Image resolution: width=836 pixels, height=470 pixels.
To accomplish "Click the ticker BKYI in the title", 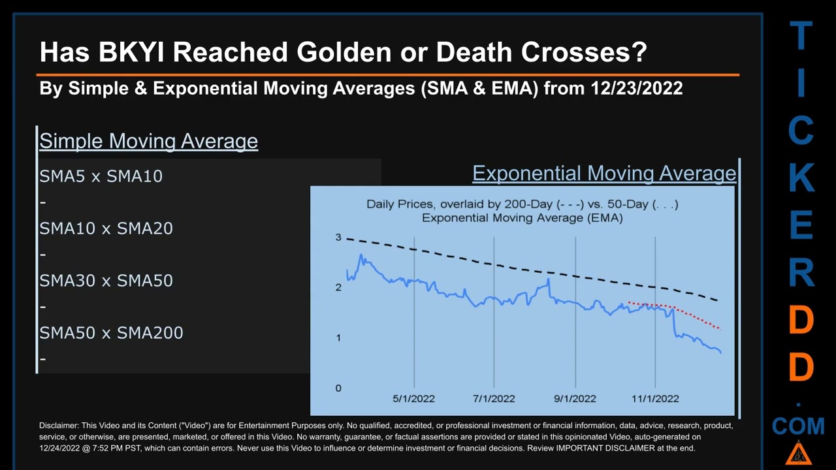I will click(x=131, y=52).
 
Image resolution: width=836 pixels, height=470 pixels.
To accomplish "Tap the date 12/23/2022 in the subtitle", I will click(x=636, y=88).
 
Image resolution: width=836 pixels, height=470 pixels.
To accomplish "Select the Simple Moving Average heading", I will click(x=148, y=141).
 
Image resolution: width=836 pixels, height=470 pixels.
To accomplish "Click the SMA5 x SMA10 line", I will click(x=101, y=176).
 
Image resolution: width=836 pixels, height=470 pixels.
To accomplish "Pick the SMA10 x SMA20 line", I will click(x=106, y=228).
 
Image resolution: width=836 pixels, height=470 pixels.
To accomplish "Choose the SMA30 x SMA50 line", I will click(x=106, y=281).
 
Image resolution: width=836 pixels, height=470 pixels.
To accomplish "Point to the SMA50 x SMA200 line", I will click(x=111, y=333).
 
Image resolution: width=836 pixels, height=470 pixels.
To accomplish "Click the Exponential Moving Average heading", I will click(x=604, y=173).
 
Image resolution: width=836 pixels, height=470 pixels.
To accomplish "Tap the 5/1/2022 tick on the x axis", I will click(x=413, y=398).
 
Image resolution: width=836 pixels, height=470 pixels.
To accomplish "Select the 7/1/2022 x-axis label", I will click(x=494, y=398).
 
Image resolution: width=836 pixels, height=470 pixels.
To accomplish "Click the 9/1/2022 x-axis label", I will click(x=575, y=398).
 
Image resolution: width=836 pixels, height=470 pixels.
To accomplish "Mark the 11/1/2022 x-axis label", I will click(x=655, y=398).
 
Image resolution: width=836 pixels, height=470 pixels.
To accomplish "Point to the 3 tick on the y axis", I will click(x=338, y=237).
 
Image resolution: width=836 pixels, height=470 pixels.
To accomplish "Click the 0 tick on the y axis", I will click(x=338, y=388).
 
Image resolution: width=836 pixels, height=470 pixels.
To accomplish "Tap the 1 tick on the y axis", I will click(x=338, y=337).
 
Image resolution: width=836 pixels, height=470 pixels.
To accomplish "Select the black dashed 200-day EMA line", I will click(x=522, y=268).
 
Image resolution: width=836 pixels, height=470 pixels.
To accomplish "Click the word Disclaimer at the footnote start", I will click(x=59, y=426).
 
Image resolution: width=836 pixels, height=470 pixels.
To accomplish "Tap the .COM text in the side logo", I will click(x=798, y=426).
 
